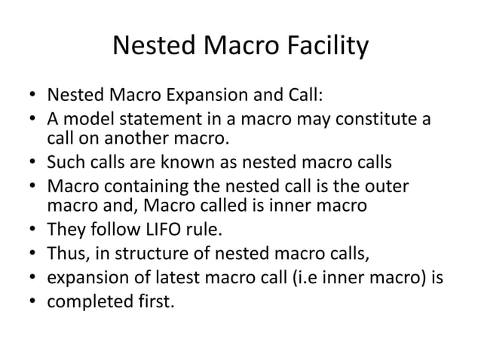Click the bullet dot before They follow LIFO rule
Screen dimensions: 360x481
pos(32,227)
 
